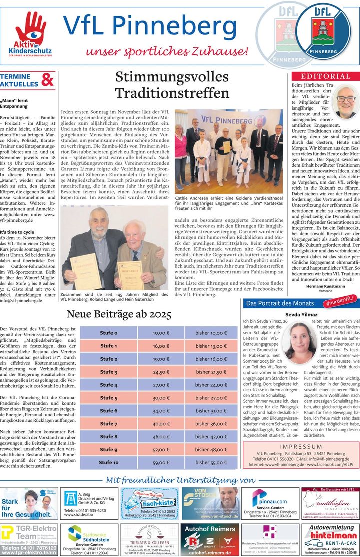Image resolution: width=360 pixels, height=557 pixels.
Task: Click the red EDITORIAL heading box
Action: (325, 76)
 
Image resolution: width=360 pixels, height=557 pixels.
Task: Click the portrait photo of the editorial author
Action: (345, 101)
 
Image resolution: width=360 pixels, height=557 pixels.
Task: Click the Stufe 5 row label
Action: (108, 398)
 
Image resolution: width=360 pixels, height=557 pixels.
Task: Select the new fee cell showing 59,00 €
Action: (161, 462)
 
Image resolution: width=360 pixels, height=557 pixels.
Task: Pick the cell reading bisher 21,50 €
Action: (211, 372)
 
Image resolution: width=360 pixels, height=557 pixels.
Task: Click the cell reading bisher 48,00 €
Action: (211, 449)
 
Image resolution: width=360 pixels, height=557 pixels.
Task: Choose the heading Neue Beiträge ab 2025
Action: (119, 314)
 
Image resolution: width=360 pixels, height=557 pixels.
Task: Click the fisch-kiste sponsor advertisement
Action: (149, 504)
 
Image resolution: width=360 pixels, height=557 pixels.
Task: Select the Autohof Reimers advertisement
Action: (210, 539)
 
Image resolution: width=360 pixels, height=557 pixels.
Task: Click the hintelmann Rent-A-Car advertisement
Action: (329, 539)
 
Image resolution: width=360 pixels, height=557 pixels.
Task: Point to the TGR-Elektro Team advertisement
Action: (29, 539)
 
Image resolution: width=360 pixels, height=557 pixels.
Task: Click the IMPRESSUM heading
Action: (301, 432)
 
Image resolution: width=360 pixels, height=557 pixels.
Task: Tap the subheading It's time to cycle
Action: (17, 232)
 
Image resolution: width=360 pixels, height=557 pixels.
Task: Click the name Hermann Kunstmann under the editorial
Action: (325, 287)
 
